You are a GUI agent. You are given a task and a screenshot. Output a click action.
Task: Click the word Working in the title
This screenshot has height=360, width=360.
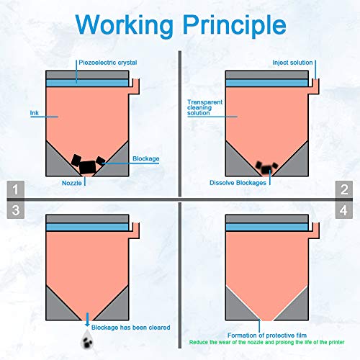pyautogui.click(x=124, y=25)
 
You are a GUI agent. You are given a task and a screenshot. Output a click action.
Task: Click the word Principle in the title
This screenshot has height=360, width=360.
pyautogui.click(x=235, y=25)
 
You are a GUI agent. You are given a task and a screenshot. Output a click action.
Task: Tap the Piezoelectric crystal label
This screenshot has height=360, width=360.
pyautogui.click(x=108, y=63)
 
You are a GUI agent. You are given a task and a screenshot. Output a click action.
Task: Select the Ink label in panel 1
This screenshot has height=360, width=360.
pyautogui.click(x=35, y=113)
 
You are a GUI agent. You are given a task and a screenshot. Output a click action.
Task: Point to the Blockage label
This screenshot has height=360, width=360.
pyautogui.click(x=146, y=158)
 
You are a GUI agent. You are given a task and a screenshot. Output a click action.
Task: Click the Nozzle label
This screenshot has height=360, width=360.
pyautogui.click(x=72, y=183)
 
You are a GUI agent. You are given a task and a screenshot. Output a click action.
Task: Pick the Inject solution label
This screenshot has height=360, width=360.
pyautogui.click(x=292, y=63)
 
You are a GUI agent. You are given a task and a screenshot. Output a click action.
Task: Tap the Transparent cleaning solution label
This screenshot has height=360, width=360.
pyautogui.click(x=204, y=107)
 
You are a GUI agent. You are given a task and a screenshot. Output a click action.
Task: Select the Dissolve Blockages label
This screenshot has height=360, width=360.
pyautogui.click(x=238, y=183)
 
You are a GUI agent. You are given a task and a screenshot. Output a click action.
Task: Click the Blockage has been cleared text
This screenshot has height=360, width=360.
pyautogui.click(x=131, y=328)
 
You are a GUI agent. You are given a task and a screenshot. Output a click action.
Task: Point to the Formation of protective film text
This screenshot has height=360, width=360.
pyautogui.click(x=267, y=336)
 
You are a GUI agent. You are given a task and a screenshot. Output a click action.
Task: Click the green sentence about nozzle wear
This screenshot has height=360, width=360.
pyautogui.click(x=266, y=342)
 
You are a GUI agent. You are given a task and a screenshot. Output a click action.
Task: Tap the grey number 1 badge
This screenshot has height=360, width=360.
pyautogui.click(x=16, y=189)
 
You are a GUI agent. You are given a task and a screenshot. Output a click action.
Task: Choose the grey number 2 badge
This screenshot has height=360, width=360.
pyautogui.click(x=344, y=189)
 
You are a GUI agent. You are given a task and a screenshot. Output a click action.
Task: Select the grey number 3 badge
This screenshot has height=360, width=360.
pyautogui.click(x=16, y=210)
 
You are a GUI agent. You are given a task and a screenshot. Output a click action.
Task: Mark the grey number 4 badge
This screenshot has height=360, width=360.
pyautogui.click(x=344, y=210)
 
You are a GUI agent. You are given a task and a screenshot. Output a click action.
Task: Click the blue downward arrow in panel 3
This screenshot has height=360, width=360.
pyautogui.click(x=87, y=319)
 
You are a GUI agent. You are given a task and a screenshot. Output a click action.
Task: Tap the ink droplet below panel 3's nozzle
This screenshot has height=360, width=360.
pyautogui.click(x=87, y=339)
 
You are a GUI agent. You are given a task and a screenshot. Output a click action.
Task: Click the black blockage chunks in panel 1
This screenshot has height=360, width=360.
pyautogui.click(x=88, y=164)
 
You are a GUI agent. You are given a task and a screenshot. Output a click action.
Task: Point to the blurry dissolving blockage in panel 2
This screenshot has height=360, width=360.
pyautogui.click(x=266, y=168)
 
